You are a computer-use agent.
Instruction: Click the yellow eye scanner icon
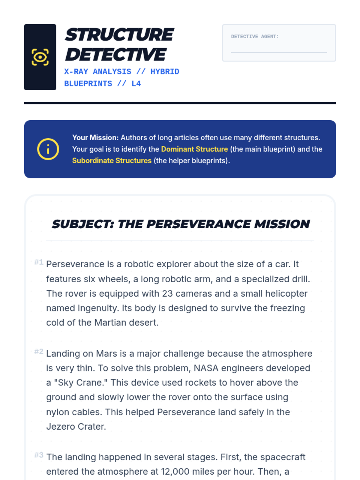(x=40, y=57)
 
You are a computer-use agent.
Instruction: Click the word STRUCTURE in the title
(x=119, y=35)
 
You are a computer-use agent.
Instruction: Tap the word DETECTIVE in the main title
(x=115, y=55)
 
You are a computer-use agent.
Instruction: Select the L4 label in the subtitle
(x=136, y=84)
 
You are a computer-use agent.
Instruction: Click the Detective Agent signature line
(x=279, y=52)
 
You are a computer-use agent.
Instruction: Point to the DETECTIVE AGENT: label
(x=255, y=37)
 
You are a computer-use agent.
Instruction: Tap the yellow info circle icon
(x=48, y=149)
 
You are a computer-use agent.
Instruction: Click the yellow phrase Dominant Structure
(x=194, y=149)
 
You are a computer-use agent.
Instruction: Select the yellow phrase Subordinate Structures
(x=112, y=160)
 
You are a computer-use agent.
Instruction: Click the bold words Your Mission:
(x=95, y=138)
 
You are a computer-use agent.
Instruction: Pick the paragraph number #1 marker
(x=39, y=262)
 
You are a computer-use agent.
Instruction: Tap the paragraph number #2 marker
(x=39, y=352)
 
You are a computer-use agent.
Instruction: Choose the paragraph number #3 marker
(x=39, y=455)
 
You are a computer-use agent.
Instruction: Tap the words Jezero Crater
(x=76, y=427)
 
